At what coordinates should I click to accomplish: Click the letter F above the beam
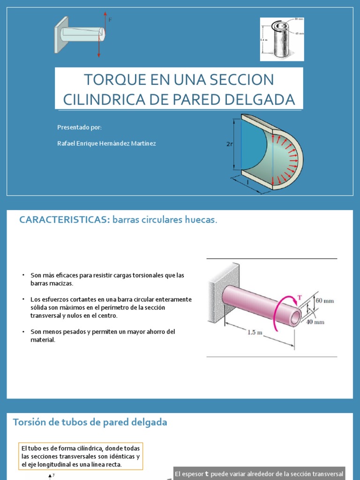pos(110,20)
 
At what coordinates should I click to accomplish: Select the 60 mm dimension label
pos(325,300)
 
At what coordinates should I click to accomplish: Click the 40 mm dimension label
pos(315,322)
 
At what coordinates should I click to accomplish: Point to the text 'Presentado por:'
pos(79,127)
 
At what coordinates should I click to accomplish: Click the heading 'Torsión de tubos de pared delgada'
pos(90,422)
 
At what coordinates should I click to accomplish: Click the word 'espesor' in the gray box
pos(193,474)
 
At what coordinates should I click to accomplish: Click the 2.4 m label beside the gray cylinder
pos(263,40)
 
